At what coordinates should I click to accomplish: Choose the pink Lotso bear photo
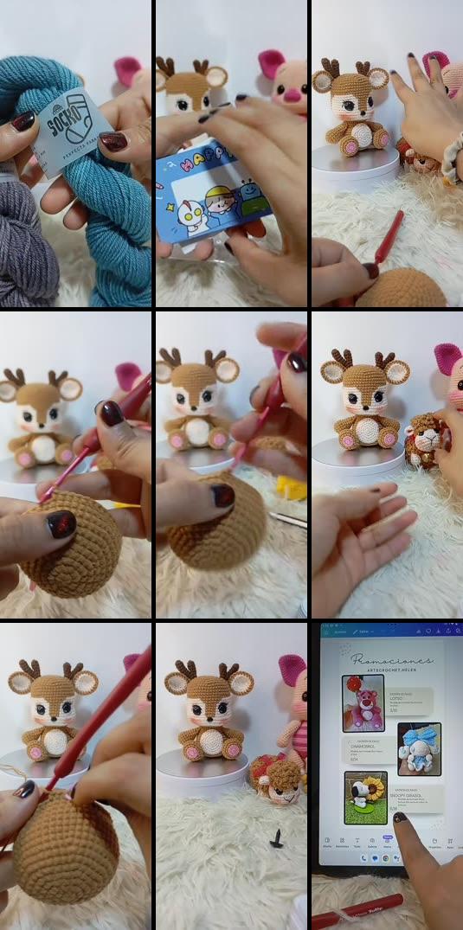pos(363,703)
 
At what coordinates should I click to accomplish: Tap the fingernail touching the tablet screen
pos(400,817)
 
